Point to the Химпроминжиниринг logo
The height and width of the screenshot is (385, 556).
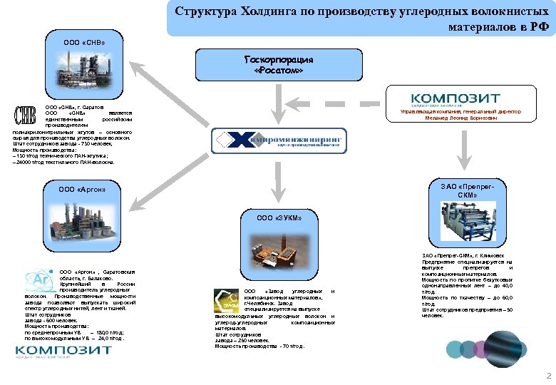point(278,140)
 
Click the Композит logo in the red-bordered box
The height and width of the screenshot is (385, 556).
point(455,99)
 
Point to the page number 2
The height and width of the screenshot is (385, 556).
point(547,375)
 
